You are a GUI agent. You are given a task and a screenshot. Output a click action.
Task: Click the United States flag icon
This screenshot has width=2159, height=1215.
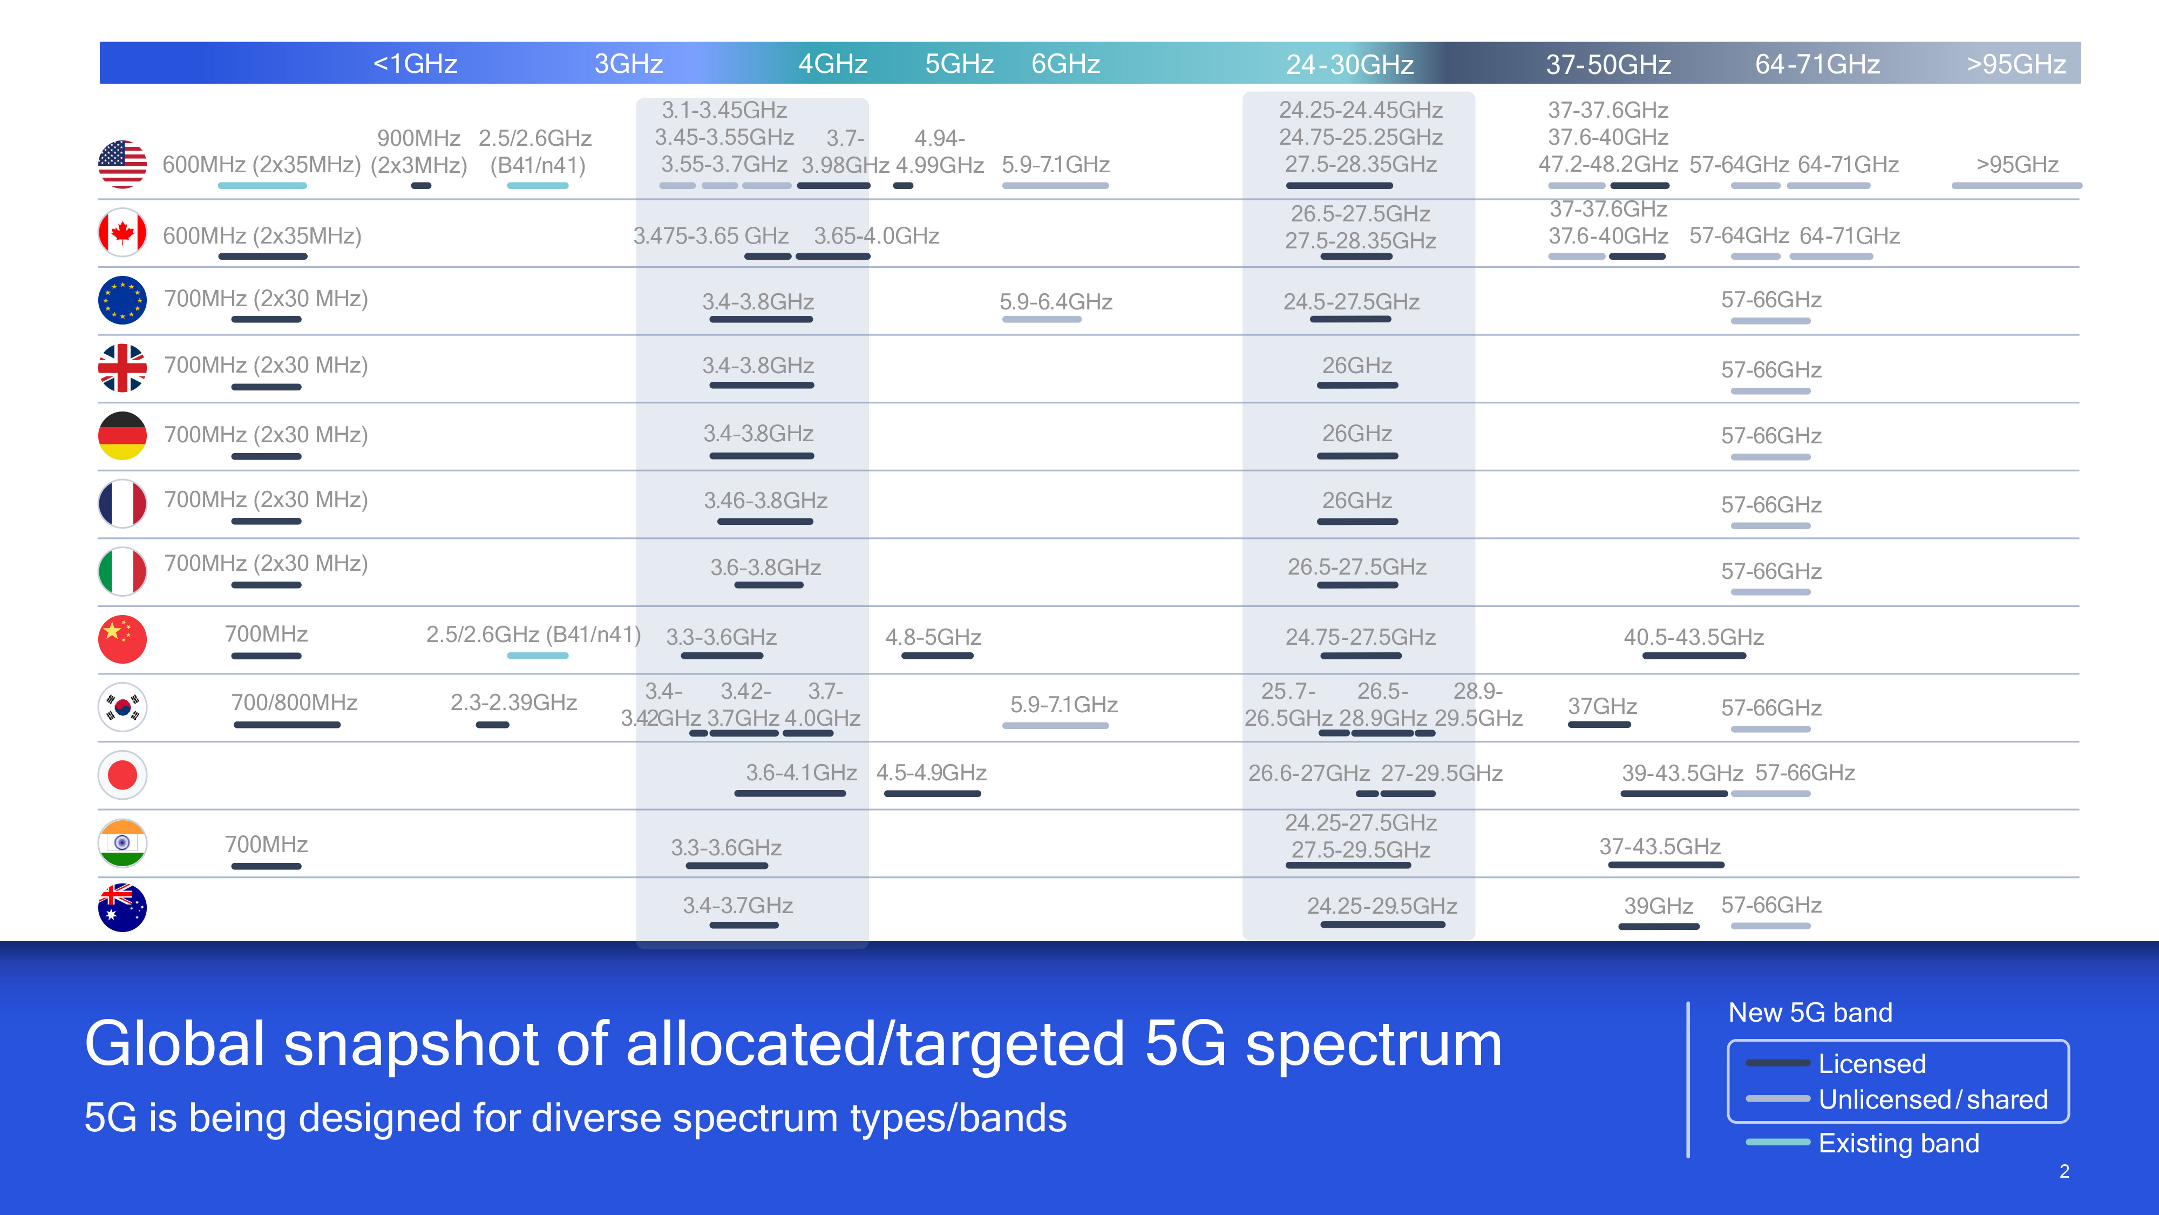click(x=123, y=164)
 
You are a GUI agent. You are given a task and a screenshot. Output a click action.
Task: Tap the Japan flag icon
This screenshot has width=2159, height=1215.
click(x=123, y=775)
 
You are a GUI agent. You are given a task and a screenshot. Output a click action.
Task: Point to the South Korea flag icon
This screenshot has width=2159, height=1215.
click(x=123, y=707)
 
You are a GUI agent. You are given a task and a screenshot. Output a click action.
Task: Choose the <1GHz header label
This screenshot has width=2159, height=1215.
click(x=415, y=64)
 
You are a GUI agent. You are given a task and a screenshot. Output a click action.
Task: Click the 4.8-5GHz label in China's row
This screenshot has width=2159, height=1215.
click(x=934, y=637)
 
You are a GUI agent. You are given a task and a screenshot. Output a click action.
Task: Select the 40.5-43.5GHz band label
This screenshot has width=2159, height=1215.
click(x=1694, y=637)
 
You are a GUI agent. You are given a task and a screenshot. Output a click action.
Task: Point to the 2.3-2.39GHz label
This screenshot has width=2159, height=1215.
click(x=514, y=702)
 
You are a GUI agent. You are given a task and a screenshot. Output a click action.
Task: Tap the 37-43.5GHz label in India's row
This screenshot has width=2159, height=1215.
click(x=1660, y=846)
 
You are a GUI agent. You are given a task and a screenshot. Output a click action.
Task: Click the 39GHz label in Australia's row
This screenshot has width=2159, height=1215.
click(x=1659, y=906)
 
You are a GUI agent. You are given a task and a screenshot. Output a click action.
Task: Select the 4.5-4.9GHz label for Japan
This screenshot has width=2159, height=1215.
click(x=931, y=772)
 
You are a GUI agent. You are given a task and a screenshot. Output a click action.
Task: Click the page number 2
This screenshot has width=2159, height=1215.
click(x=2065, y=1171)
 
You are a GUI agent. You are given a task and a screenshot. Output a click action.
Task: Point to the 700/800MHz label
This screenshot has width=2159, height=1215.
click(x=294, y=702)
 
